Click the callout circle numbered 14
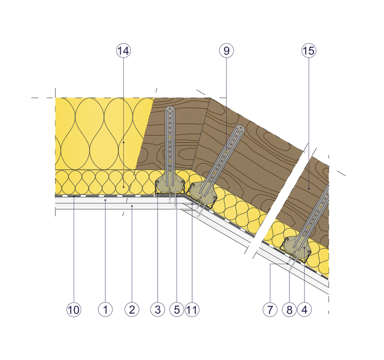point(123,51)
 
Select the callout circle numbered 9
point(226,51)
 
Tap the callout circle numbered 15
point(309,51)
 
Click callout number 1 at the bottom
point(105,310)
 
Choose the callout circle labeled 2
point(131,310)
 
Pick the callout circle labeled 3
point(158,310)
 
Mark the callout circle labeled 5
point(176,310)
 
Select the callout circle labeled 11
point(192,310)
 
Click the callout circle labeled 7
point(270,310)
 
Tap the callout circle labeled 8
point(289,310)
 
